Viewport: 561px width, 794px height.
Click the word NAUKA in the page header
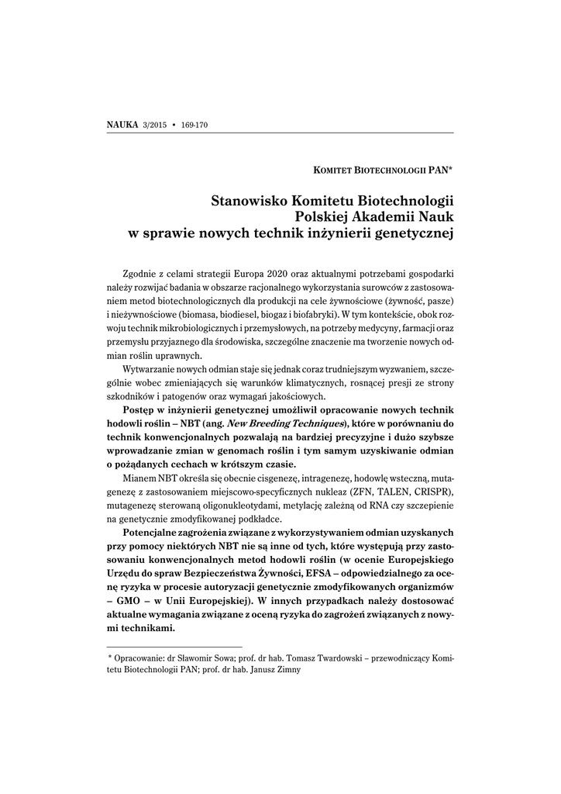[x=122, y=124]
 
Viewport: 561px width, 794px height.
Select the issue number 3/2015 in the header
[x=155, y=124]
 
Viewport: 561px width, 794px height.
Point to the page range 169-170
[x=194, y=124]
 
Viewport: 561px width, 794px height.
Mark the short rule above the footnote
[x=174, y=645]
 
